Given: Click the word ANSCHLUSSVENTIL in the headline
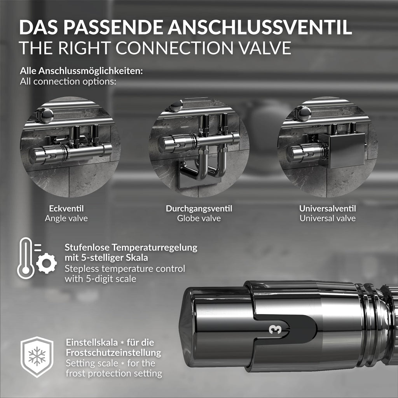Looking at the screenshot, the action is coord(260,27).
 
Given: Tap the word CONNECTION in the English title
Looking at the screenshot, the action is coord(174,48).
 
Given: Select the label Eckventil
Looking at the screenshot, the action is coord(66,209).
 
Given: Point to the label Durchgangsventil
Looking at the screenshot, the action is coord(199,209).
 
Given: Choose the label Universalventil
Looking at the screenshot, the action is coord(327,209).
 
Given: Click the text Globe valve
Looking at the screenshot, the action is coord(199,218).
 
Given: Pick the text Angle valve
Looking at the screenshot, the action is coord(66,218).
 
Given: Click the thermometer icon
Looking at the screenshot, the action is coord(26,258).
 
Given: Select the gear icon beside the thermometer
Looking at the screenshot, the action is coord(47,263).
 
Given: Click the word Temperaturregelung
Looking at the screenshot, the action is coord(154,248).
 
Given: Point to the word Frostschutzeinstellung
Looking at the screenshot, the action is coord(113,353).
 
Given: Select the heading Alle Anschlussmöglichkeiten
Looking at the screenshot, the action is coord(81,71).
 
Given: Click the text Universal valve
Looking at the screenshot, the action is coord(327,218).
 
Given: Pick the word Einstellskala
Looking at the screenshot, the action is coord(92,342).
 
